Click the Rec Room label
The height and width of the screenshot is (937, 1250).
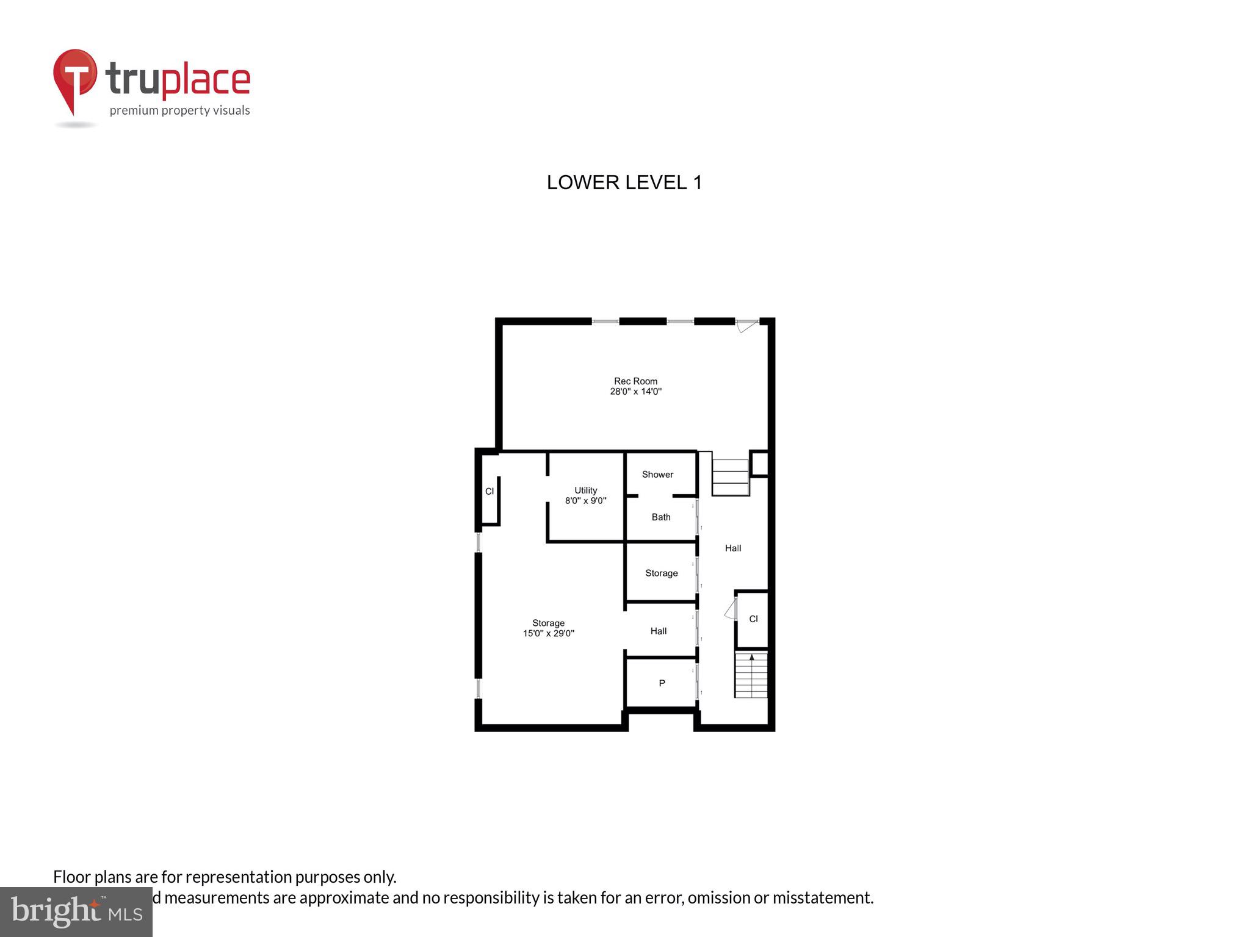(635, 381)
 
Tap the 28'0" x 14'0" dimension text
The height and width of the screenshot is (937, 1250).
(635, 392)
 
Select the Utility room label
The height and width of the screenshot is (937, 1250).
(585, 490)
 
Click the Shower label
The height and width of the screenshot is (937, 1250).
(657, 475)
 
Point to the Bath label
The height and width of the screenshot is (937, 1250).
(661, 517)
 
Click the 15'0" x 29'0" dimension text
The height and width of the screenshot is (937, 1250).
(548, 634)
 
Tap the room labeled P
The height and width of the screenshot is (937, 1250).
(662, 683)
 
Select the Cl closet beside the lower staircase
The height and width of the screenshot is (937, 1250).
(753, 619)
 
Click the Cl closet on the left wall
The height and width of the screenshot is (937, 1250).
(490, 492)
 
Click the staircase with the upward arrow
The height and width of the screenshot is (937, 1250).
(751, 675)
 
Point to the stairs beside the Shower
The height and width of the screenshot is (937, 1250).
(730, 477)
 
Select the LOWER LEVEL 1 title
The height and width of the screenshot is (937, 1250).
(624, 182)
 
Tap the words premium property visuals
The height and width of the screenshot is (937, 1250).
(179, 110)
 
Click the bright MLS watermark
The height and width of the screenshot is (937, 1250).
(76, 912)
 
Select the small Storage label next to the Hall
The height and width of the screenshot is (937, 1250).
(662, 573)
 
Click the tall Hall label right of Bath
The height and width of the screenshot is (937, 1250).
(733, 548)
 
